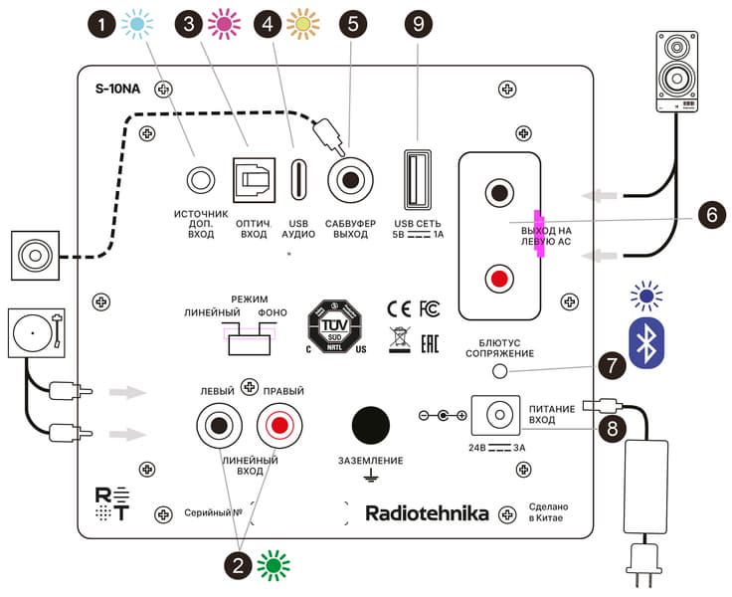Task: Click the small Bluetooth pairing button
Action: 501,371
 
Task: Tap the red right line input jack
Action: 278,427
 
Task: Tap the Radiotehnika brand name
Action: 427,514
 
